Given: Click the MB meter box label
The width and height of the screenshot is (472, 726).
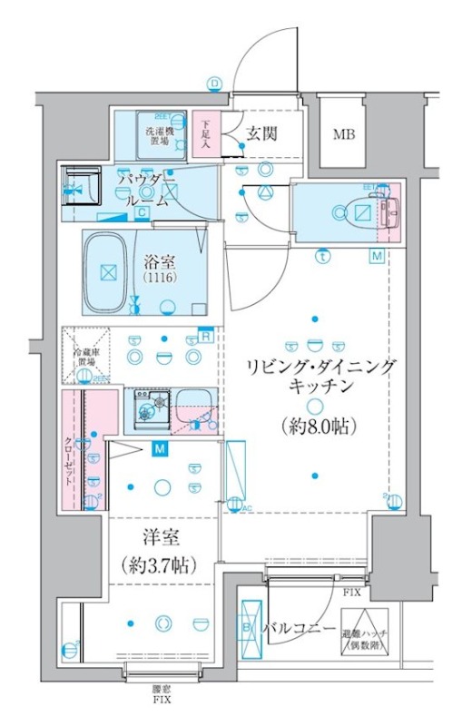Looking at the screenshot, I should click(x=343, y=136).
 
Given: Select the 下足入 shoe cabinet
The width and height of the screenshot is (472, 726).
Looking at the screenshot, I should click(x=206, y=133).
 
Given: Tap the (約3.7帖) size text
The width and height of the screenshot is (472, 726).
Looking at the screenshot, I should click(x=155, y=564).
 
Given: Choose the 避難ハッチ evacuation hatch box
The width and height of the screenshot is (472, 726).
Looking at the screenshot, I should click(x=365, y=633).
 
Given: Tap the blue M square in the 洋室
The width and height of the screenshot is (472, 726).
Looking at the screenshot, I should click(x=160, y=449).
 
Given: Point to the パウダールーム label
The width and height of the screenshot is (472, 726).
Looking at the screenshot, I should click(x=145, y=189).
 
